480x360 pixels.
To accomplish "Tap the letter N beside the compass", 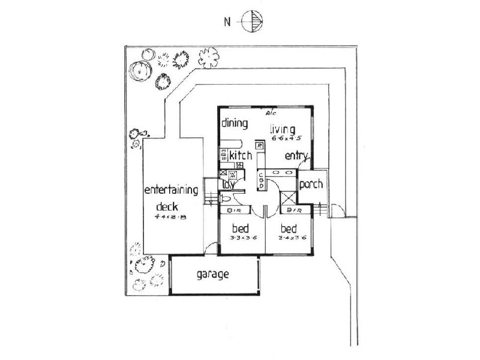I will pyautogui.click(x=227, y=23).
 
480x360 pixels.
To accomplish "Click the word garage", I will pyautogui.click(x=212, y=275).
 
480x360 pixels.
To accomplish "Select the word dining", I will pyautogui.click(x=235, y=124).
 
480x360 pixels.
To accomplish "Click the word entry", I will pyautogui.click(x=296, y=156).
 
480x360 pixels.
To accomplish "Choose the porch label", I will pyautogui.click(x=311, y=184).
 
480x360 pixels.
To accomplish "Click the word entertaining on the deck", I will pyautogui.click(x=172, y=191).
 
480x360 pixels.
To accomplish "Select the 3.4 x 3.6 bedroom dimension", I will pyautogui.click(x=291, y=238).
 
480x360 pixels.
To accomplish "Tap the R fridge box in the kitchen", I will pyautogui.click(x=259, y=145).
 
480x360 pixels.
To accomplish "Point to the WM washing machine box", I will pyautogui.click(x=233, y=175).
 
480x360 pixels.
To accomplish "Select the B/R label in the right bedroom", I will pyautogui.click(x=293, y=211).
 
